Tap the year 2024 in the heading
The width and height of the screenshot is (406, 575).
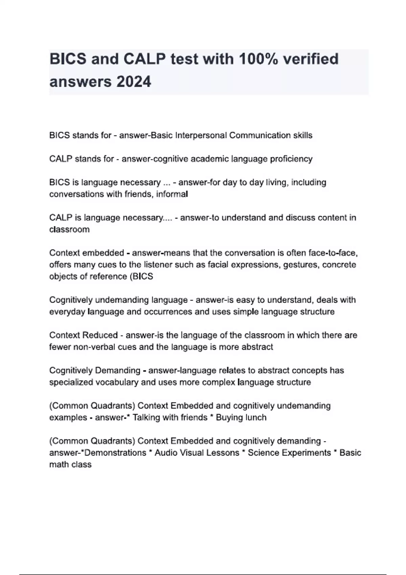[133, 82]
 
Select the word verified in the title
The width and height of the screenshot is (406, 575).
[311, 59]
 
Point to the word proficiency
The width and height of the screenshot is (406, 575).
[291, 159]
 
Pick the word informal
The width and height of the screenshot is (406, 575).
[172, 194]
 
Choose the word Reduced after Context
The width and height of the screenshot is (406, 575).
[100, 335]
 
